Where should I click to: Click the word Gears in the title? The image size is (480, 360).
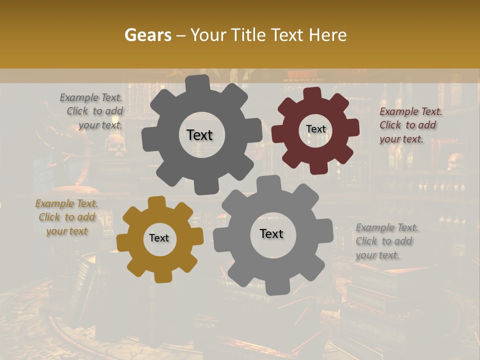147,35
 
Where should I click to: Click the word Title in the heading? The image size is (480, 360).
252,35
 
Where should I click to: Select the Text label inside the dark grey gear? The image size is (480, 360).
199,135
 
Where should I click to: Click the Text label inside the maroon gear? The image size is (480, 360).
315,129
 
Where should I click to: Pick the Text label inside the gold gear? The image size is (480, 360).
159,238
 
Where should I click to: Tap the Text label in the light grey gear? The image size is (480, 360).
271,233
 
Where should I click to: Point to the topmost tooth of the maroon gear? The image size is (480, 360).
312,93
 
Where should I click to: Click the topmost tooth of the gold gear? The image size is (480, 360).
157,202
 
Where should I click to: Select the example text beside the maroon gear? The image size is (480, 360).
410,125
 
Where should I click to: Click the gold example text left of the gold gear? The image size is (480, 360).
66,217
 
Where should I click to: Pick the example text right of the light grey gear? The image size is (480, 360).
386,241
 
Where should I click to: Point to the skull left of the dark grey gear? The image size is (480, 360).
116,142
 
